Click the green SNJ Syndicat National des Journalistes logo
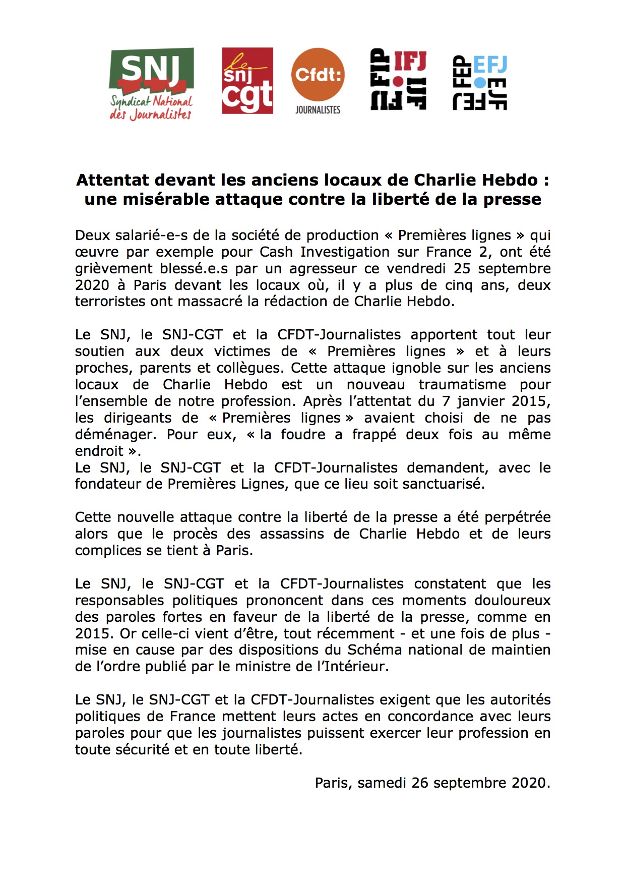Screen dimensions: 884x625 point(151,84)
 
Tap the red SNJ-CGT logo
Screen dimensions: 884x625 point(247,81)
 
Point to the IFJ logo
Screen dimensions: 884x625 point(398,79)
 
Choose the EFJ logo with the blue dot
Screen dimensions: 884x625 point(480,82)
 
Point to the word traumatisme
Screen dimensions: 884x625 point(462,384)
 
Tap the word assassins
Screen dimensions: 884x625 point(292,534)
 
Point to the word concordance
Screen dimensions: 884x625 point(430,717)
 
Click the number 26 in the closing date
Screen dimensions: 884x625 point(420,783)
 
